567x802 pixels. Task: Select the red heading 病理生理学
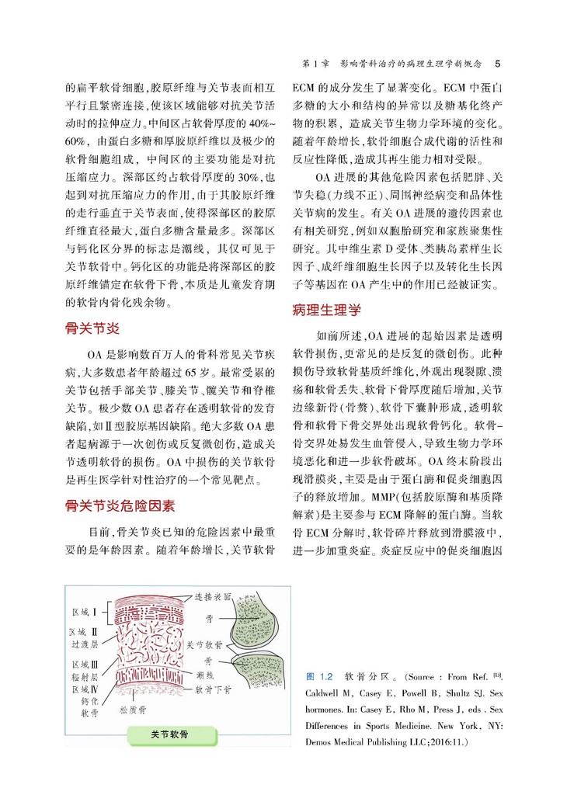coord(326,311)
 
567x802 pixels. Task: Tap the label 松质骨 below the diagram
coord(133,709)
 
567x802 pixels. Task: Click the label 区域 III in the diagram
coord(83,665)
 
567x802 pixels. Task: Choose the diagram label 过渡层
coord(84,644)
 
